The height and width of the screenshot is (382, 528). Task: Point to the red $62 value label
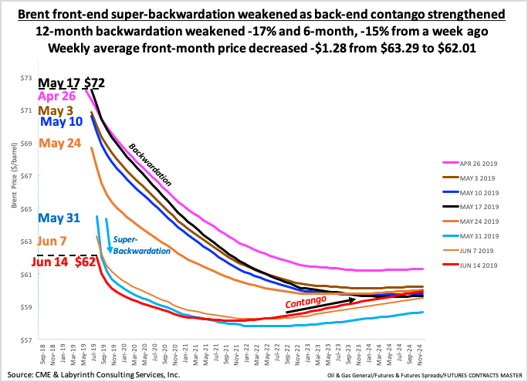click(86, 262)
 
